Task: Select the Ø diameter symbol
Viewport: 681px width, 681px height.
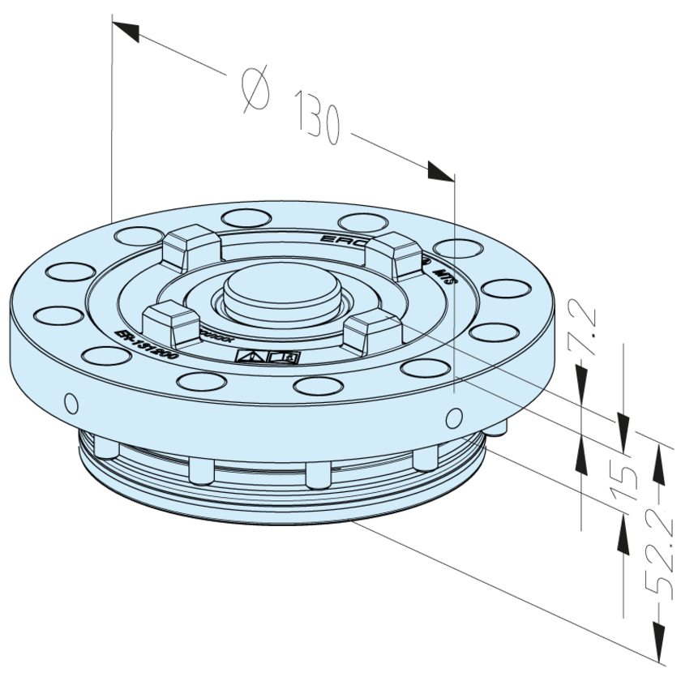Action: click(255, 88)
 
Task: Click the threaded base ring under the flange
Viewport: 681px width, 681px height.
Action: click(284, 486)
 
